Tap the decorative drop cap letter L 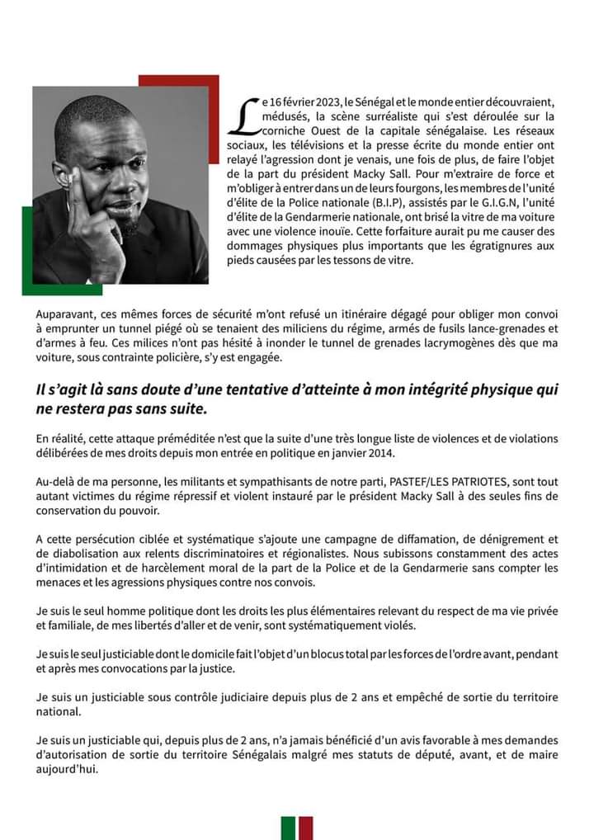pyautogui.click(x=244, y=115)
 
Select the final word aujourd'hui pyautogui.click(x=65, y=770)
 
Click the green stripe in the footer pyautogui.click(x=288, y=828)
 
